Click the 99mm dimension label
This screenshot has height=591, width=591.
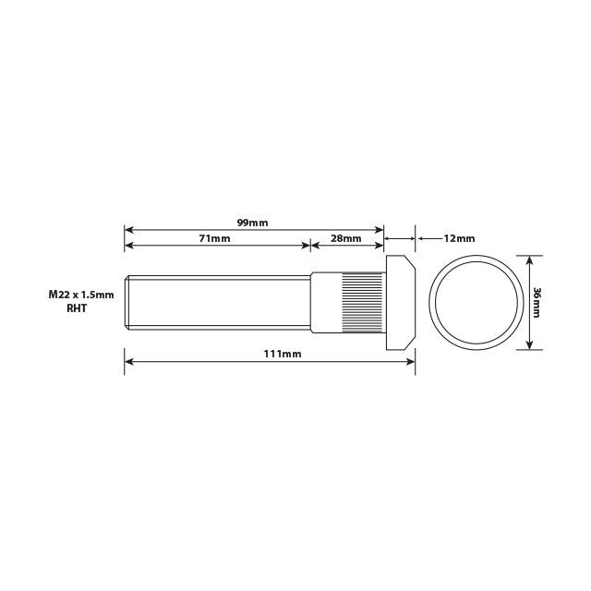pyautogui.click(x=252, y=223)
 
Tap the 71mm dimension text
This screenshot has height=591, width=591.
pyautogui.click(x=214, y=238)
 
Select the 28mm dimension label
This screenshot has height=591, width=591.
pyautogui.click(x=345, y=238)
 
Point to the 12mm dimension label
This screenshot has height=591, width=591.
pyautogui.click(x=459, y=238)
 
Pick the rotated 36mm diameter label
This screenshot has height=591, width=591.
pyautogui.click(x=537, y=302)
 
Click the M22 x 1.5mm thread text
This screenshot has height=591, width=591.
pyautogui.click(x=81, y=295)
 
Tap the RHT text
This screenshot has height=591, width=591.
pyautogui.click(x=77, y=309)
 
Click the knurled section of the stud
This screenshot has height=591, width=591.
pyautogui.click(x=363, y=302)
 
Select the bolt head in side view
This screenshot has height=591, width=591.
pyautogui.click(x=399, y=302)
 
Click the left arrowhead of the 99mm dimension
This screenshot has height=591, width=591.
pyautogui.click(x=129, y=229)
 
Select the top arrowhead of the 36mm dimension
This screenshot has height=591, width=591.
pyautogui.click(x=529, y=259)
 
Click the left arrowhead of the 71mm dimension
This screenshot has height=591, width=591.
pyautogui.click(x=129, y=245)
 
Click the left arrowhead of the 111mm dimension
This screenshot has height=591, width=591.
pyautogui.click(x=129, y=361)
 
